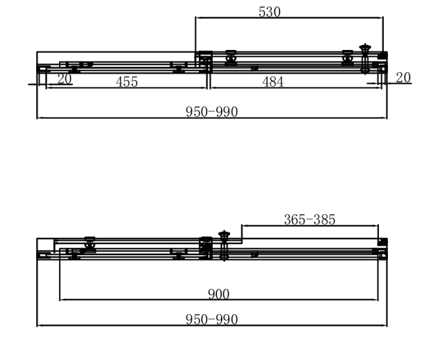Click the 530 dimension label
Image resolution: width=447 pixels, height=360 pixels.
click(x=270, y=12)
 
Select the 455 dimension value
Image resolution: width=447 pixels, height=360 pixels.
click(x=127, y=82)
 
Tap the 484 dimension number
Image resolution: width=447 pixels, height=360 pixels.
click(x=273, y=82)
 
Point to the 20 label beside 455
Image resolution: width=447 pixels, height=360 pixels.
click(x=65, y=79)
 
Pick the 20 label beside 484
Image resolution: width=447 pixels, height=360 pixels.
click(x=403, y=78)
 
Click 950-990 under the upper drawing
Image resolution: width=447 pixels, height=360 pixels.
click(x=211, y=112)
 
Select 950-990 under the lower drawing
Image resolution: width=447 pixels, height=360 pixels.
click(x=211, y=320)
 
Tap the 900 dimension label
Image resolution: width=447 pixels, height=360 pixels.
click(x=219, y=294)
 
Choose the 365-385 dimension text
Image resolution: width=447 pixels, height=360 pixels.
click(x=309, y=220)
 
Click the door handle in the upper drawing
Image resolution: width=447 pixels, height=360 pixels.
click(x=365, y=58)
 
